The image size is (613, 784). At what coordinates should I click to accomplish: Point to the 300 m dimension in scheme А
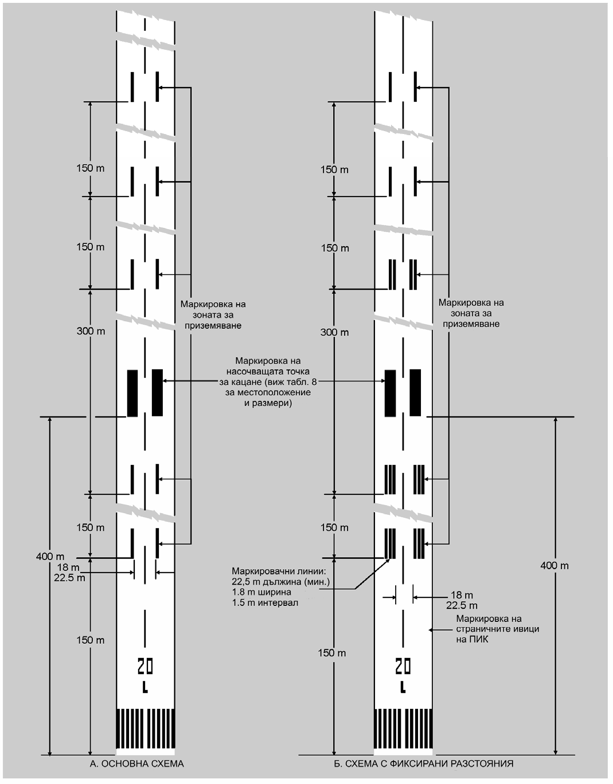pyautogui.click(x=91, y=331)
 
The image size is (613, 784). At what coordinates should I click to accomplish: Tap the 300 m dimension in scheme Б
pyautogui.click(x=334, y=332)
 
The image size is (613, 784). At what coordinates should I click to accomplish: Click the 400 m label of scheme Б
pyautogui.click(x=555, y=565)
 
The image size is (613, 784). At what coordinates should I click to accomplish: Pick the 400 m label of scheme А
pyautogui.click(x=50, y=556)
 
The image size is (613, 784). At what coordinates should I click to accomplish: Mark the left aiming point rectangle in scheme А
pyautogui.click(x=132, y=393)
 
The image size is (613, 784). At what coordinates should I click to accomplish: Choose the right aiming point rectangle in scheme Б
pyautogui.click(x=415, y=392)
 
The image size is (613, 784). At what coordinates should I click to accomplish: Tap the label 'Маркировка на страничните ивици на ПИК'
pyautogui.click(x=497, y=628)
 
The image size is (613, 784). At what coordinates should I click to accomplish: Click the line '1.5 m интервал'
pyautogui.click(x=265, y=602)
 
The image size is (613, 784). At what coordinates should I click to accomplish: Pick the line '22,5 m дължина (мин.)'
pyautogui.click(x=280, y=582)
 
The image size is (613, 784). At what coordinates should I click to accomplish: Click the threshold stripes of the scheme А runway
pyautogui.click(x=145, y=728)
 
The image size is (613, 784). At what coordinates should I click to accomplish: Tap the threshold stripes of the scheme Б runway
pyautogui.click(x=404, y=728)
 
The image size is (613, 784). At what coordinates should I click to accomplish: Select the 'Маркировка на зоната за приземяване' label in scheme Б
pyautogui.click(x=471, y=313)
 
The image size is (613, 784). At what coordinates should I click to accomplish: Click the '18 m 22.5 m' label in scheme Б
pyautogui.click(x=462, y=600)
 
